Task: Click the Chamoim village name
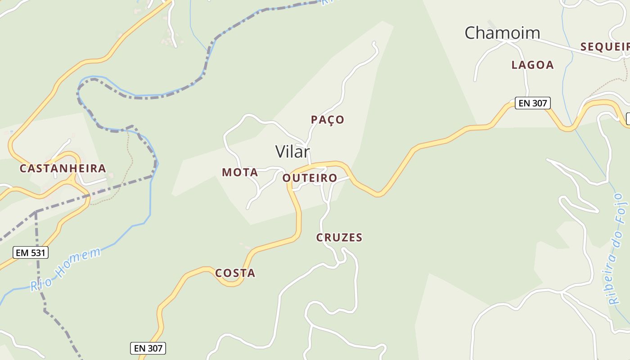coord(502,33)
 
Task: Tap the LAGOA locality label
coord(532,65)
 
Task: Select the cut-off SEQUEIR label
coord(604,46)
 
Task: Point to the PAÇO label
coord(328,120)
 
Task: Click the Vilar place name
coord(292,152)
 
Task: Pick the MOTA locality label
coord(240,172)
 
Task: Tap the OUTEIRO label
coord(310,178)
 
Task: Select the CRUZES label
coord(339,238)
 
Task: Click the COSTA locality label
coord(235,273)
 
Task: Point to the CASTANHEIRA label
coord(63,169)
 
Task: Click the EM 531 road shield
coord(31,252)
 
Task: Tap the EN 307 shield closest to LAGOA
coord(532,103)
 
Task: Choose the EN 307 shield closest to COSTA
coord(148,348)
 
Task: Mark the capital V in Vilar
coord(281,152)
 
